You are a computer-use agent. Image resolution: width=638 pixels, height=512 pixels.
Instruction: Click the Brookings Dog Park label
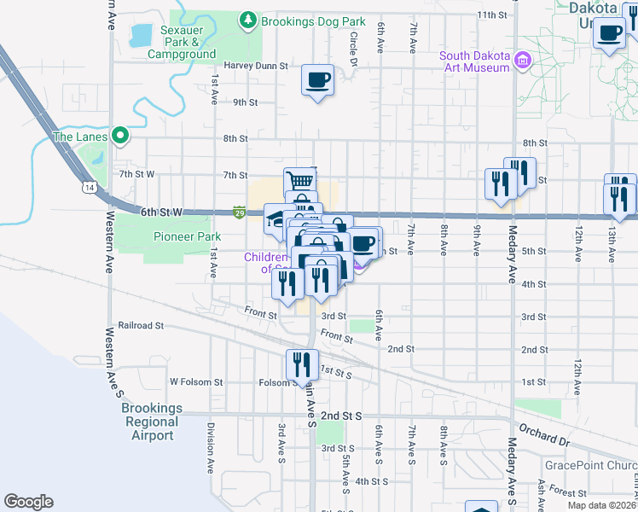point(313,20)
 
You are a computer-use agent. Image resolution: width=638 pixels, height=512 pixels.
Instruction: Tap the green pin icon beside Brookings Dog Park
point(247,19)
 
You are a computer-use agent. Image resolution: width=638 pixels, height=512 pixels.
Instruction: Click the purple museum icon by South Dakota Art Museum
point(522,61)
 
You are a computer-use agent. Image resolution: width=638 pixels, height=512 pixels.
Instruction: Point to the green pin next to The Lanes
point(120,136)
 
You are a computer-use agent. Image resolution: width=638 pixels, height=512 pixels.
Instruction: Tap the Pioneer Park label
point(187,236)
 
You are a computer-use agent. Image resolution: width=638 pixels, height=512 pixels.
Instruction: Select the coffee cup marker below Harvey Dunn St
point(318,81)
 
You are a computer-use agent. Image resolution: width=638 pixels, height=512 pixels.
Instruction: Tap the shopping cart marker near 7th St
point(300,181)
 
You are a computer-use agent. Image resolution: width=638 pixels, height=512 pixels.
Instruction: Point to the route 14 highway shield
point(89,186)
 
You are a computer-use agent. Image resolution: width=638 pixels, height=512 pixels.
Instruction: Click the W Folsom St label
point(196,382)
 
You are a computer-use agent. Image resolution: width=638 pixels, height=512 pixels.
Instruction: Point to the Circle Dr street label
point(353,49)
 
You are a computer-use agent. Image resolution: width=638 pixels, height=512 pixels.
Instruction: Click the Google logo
point(28,502)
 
